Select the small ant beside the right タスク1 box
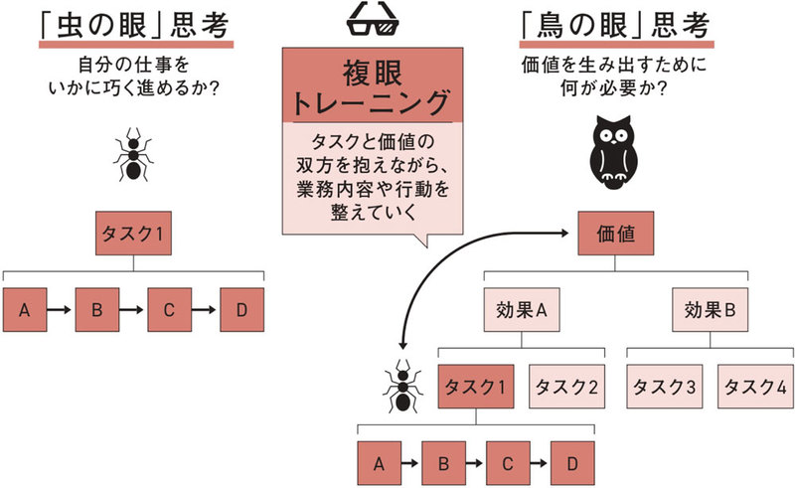[402, 384]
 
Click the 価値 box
[614, 237]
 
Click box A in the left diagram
[25, 310]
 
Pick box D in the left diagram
[241, 310]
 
